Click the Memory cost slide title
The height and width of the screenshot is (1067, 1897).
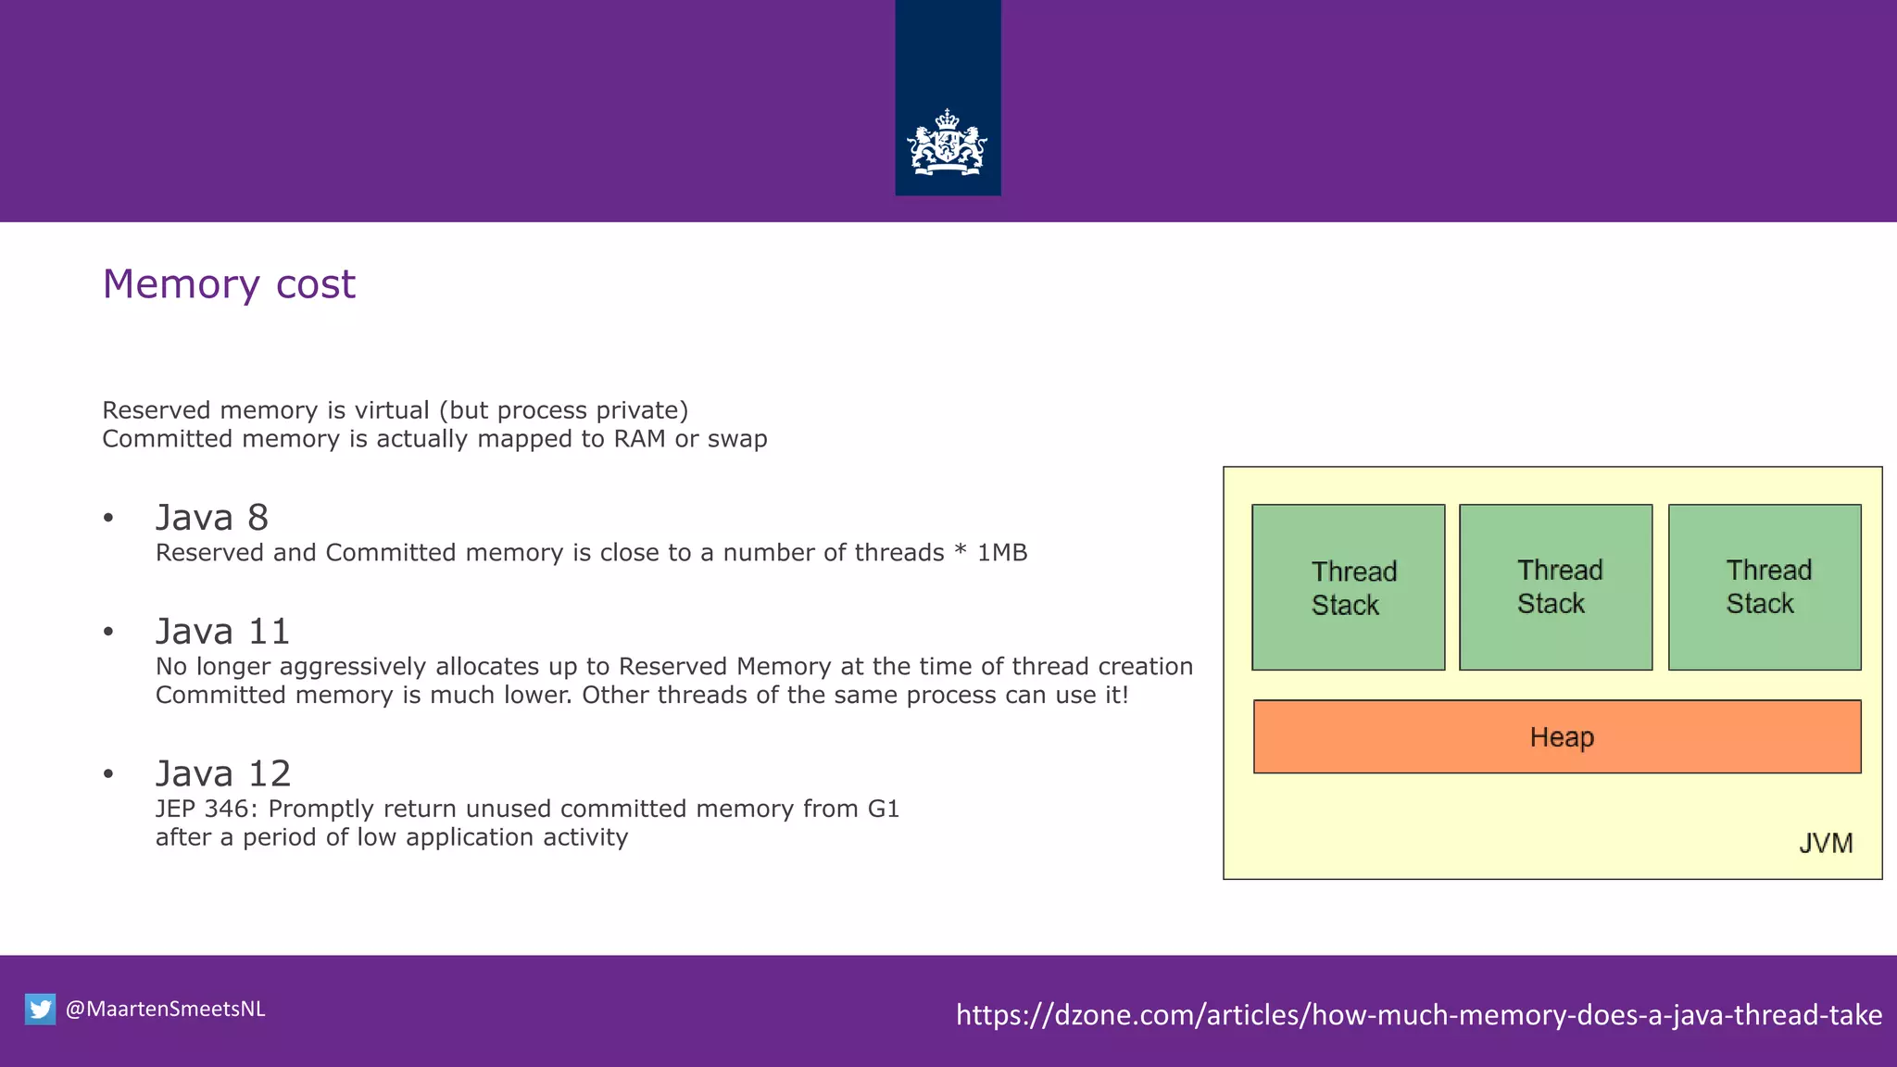coord(229,284)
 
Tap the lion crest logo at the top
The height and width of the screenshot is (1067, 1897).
coord(947,144)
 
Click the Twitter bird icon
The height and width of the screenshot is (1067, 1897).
coord(40,1009)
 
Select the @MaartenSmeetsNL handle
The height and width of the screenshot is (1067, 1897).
coord(166,1009)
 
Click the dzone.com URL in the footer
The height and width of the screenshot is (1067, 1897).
coord(1418,1014)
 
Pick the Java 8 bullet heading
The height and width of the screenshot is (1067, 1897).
coord(212,518)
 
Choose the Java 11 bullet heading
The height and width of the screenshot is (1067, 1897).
coord(222,632)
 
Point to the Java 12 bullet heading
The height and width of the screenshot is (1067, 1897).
coord(223,773)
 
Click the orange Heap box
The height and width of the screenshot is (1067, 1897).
coord(1556,736)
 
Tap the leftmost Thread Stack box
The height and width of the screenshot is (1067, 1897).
coord(1348,587)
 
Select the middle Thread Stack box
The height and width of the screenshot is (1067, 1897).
coord(1555,587)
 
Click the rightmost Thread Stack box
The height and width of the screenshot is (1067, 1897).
coord(1764,587)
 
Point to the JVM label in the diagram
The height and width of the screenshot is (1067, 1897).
coord(1826,843)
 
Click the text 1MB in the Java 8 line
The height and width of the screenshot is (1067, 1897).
coord(1002,553)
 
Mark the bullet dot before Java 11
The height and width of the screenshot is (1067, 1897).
coord(108,633)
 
